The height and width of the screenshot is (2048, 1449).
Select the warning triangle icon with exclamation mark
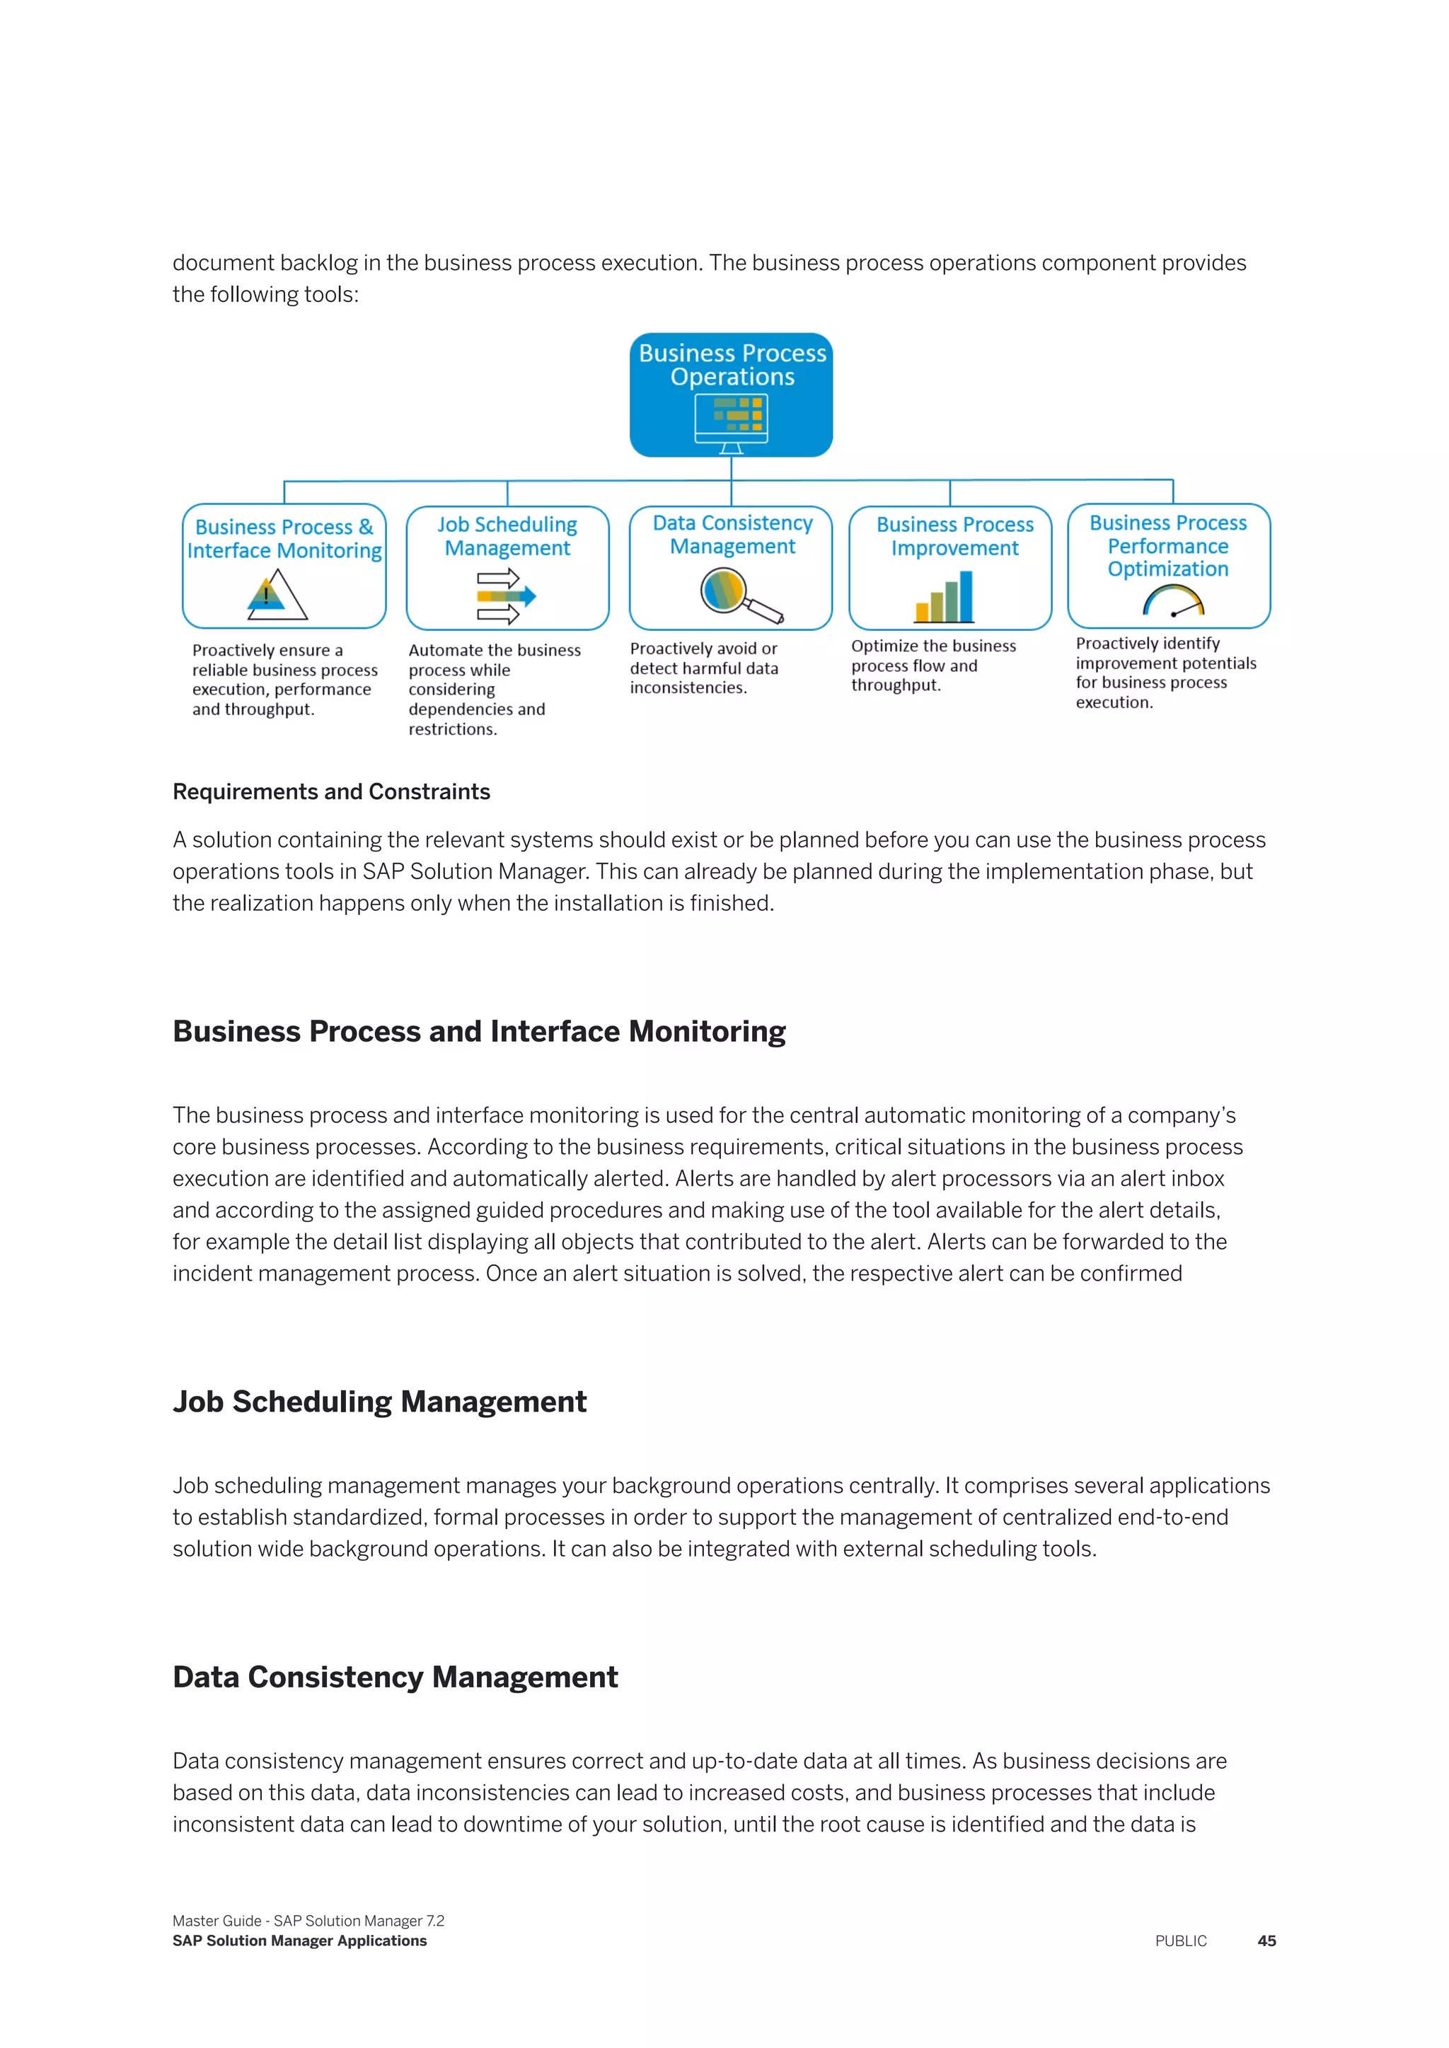[276, 595]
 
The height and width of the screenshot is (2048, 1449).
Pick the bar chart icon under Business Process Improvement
[944, 598]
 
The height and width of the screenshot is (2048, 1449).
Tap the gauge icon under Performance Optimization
[1173, 601]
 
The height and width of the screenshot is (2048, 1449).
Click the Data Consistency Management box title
[732, 535]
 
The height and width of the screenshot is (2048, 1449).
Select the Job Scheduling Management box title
[507, 536]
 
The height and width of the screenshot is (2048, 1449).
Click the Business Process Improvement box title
[954, 536]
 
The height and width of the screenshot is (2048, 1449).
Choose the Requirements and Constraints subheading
[331, 792]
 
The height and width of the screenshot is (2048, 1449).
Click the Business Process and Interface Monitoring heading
[479, 1031]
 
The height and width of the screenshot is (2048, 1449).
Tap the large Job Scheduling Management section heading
[379, 1402]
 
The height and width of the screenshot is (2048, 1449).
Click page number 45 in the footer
[1266, 1941]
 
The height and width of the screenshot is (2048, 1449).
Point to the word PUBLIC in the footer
[1180, 1941]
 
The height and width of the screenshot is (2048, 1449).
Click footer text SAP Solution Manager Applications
[300, 1941]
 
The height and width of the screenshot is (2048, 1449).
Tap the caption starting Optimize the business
[933, 665]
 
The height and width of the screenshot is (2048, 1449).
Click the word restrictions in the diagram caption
[452, 730]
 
